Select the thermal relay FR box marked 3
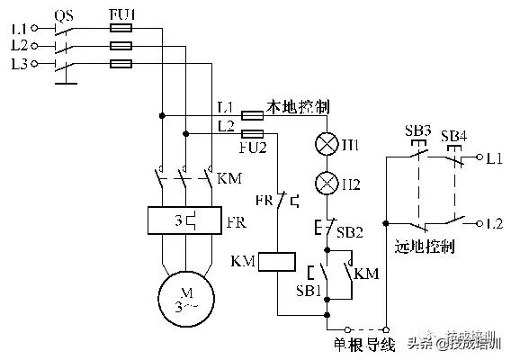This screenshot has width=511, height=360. pyautogui.click(x=184, y=220)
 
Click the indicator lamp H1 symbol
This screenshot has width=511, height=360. pyautogui.click(x=327, y=144)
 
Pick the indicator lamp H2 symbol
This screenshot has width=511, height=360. pyautogui.click(x=327, y=184)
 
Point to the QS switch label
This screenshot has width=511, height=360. pyautogui.click(x=64, y=15)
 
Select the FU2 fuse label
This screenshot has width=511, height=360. pyautogui.click(x=254, y=146)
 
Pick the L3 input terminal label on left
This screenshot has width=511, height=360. pyautogui.click(x=20, y=64)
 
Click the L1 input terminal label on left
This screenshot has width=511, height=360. pyautogui.click(x=20, y=29)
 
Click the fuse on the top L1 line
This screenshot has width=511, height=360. pyautogui.click(x=121, y=29)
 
